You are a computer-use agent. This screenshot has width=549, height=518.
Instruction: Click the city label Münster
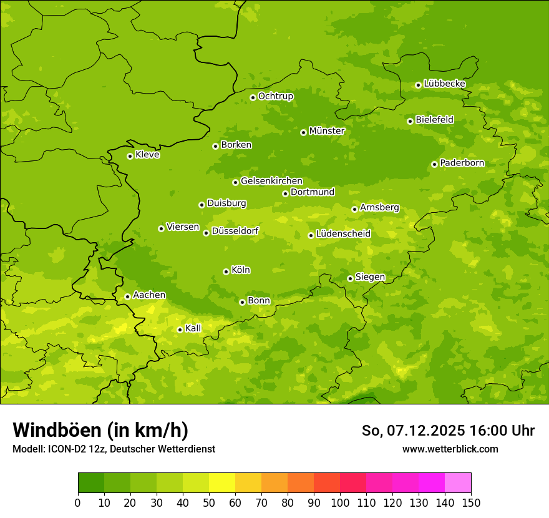click(x=326, y=131)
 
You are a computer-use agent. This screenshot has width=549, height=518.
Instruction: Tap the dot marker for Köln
click(x=226, y=271)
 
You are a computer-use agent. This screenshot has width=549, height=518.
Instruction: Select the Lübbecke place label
click(x=444, y=84)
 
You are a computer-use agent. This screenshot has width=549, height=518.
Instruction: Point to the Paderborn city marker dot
click(x=434, y=164)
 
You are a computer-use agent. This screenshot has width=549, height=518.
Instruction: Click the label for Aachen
click(x=149, y=295)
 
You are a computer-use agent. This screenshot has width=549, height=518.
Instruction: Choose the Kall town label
click(x=193, y=328)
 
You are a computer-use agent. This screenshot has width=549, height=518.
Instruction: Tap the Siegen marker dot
click(x=350, y=278)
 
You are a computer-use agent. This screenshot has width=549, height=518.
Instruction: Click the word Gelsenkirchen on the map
click(x=271, y=181)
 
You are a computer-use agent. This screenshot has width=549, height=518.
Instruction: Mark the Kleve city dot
click(x=130, y=156)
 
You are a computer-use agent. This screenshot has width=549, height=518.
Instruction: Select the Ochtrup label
click(x=275, y=96)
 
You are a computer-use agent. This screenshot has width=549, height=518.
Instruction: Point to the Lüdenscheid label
click(x=343, y=234)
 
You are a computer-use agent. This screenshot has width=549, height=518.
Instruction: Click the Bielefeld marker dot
click(x=410, y=121)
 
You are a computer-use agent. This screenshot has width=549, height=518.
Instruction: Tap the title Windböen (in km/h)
click(x=100, y=430)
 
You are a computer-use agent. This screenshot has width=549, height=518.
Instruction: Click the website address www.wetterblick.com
click(x=450, y=449)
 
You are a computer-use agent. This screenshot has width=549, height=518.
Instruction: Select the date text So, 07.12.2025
click(x=414, y=431)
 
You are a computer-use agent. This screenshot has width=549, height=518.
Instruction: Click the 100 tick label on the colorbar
click(x=340, y=502)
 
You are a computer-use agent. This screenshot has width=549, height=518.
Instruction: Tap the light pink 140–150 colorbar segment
click(x=458, y=483)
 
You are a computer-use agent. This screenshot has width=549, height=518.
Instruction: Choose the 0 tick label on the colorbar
click(x=78, y=502)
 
